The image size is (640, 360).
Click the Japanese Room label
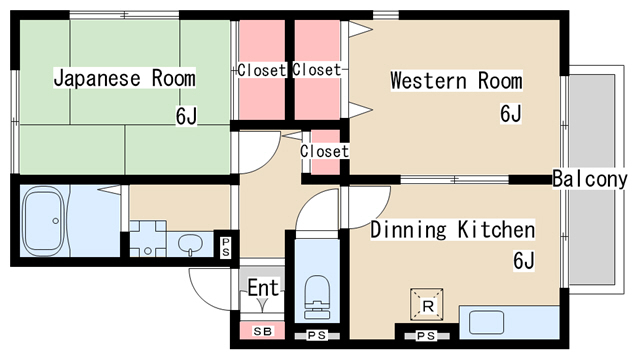tap(124, 78)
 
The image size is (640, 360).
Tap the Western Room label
tap(456, 80)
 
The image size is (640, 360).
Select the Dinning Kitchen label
tap(453, 229)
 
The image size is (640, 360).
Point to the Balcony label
tap(590, 179)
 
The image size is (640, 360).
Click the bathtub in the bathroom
tap(43, 221)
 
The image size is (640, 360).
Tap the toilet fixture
tap(317, 297)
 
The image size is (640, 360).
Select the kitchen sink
tap(486, 322)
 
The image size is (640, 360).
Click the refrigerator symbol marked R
tap(427, 304)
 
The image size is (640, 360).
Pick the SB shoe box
tap(262, 331)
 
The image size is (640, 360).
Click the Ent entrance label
tap(264, 288)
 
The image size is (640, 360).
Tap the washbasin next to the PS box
tap(191, 245)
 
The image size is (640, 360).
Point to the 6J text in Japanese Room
tap(186, 116)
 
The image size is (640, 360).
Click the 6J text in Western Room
tap(511, 113)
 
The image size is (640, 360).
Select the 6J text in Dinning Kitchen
tap(524, 260)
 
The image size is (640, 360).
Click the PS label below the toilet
tap(317, 336)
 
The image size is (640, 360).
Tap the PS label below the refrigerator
tap(426, 336)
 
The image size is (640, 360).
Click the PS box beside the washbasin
tap(226, 247)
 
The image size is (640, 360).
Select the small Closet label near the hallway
tap(324, 151)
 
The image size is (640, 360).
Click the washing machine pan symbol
tap(148, 239)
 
